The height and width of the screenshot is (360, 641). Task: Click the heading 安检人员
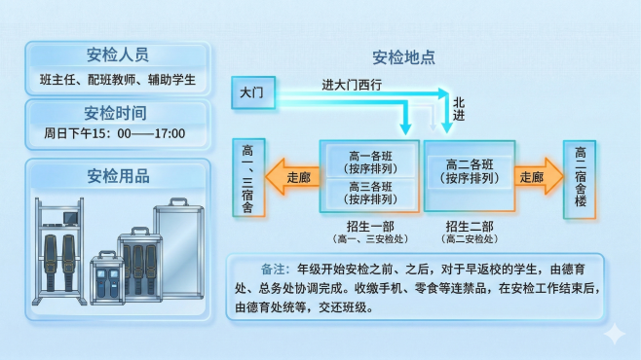(x=117, y=54)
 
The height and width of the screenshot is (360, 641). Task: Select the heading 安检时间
(x=117, y=111)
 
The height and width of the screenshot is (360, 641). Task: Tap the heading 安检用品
(x=117, y=175)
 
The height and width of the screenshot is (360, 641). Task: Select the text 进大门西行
(x=351, y=85)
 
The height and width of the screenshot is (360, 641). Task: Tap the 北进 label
(x=459, y=108)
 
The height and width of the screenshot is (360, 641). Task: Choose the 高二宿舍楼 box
(x=581, y=176)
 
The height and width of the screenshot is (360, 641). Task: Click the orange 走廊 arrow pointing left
(x=294, y=177)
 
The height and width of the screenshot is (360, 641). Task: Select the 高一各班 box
(x=369, y=161)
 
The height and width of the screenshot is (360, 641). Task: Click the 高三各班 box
(x=369, y=192)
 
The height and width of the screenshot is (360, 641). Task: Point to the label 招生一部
(x=368, y=225)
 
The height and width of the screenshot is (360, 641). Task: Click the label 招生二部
(x=470, y=225)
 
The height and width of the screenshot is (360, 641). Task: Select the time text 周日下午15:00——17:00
(x=115, y=134)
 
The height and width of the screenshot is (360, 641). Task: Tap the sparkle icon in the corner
(x=615, y=334)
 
